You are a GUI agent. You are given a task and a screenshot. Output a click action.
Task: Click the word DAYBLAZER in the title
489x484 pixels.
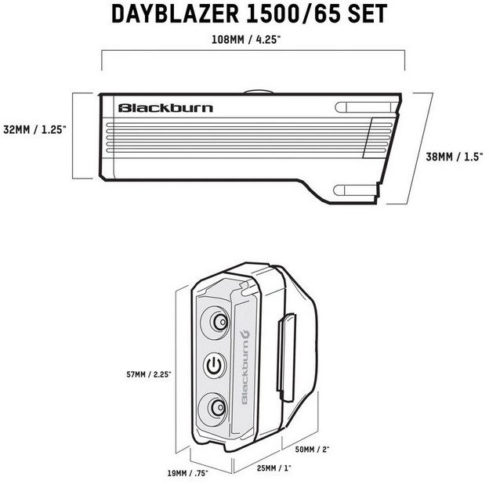click(175, 14)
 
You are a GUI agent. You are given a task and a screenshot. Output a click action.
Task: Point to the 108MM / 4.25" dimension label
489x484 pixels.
click(246, 40)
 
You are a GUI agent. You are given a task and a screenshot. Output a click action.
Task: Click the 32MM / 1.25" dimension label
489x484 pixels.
click(34, 130)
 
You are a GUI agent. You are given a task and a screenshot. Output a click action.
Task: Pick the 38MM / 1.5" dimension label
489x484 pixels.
click(455, 157)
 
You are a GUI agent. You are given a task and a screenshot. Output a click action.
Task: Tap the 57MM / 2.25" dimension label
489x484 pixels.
click(149, 374)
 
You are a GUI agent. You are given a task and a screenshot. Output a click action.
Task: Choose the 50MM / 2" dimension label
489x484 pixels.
click(312, 450)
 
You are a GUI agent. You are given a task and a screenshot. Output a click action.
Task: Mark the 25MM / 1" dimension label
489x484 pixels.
click(273, 468)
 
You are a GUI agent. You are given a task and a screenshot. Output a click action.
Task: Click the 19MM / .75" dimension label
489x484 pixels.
click(188, 473)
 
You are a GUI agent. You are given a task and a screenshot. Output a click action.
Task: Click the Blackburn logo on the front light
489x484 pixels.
click(165, 108)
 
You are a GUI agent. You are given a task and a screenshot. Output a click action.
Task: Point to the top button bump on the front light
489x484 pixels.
click(259, 92)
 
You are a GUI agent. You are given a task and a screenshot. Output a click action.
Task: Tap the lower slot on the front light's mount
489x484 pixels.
click(355, 190)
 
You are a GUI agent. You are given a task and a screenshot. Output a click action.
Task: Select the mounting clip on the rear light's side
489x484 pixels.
click(286, 357)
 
